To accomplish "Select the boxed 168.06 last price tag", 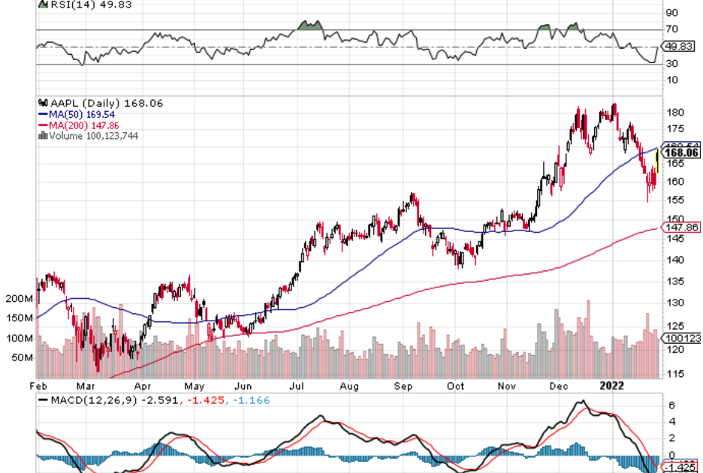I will pos(683,153).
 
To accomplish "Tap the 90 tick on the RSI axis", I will pos(672,13).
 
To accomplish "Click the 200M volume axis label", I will pos(18,299).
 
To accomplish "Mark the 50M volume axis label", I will pos(21,358).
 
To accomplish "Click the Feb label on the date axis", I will pos(39,384).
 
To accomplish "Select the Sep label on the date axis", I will pos(405,384).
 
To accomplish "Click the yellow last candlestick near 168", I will pos(658,160).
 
